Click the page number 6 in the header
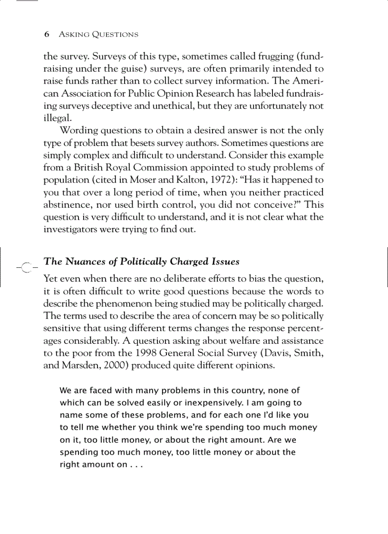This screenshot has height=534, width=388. [47, 35]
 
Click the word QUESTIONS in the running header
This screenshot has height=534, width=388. [116, 35]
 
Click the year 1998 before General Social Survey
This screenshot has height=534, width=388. [145, 353]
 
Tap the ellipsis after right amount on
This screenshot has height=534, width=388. [136, 465]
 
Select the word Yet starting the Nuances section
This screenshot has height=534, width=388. [51, 279]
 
